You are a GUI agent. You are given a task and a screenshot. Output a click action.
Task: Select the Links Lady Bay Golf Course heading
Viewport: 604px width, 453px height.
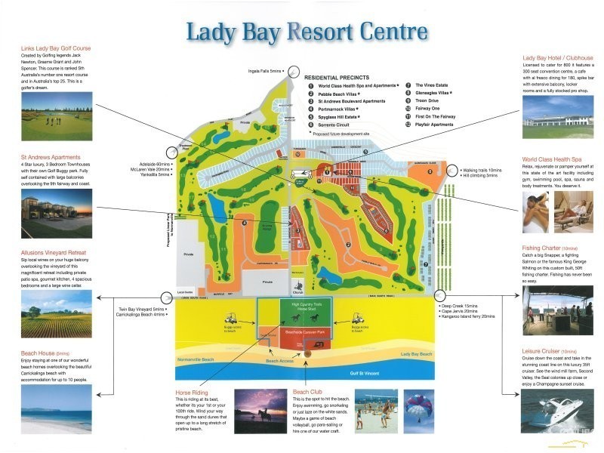[x=56, y=48]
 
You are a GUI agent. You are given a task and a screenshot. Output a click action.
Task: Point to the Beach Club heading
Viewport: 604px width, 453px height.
[x=308, y=392]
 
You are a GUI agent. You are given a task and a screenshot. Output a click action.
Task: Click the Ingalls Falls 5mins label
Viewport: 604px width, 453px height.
[x=265, y=71]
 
